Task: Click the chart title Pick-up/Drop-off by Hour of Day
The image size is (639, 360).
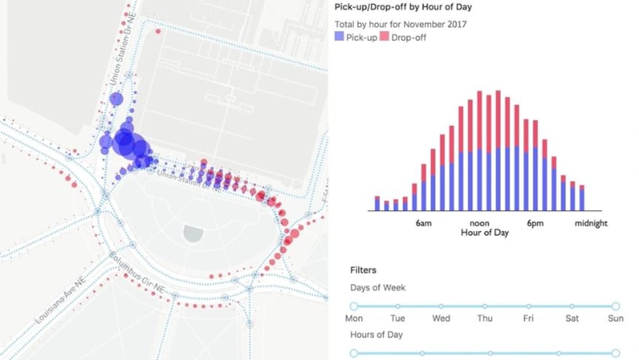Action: coord(403,7)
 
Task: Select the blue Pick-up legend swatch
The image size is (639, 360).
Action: coord(338,37)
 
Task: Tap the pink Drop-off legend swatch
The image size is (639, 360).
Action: coord(384,37)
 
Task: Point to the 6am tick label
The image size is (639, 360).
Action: coord(423,223)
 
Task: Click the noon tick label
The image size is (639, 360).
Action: coord(479,223)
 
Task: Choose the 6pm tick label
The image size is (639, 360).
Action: coord(535,223)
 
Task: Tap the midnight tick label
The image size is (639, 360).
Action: coord(591,223)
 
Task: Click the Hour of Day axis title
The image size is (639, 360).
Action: coord(484,232)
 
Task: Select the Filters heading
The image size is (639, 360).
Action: coord(363,269)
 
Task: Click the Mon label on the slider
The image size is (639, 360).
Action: coord(354,318)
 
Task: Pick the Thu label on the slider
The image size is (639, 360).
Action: coord(484,318)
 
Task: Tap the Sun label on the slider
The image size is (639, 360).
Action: coord(615,318)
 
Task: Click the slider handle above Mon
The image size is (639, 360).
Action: coord(354,306)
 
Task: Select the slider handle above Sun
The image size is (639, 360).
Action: coord(615,306)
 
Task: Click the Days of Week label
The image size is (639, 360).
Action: coord(378,288)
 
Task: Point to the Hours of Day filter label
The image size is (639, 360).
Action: coord(376,335)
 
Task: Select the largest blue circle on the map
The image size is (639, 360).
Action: coord(125,142)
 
